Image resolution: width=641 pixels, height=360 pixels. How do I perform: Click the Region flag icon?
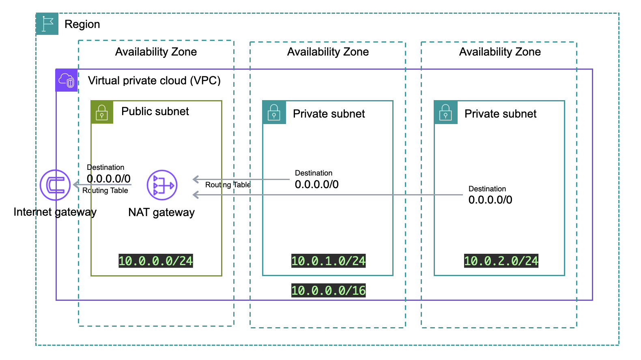pos(47,24)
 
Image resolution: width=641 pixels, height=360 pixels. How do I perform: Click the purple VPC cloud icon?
pos(67,80)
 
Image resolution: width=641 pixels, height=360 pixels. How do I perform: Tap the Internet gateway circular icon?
pos(55,185)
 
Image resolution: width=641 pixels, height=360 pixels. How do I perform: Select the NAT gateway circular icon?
pos(162,185)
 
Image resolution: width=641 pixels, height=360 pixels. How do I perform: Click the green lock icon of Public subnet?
pos(102,112)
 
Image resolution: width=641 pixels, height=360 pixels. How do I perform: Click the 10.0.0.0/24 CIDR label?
pos(155,261)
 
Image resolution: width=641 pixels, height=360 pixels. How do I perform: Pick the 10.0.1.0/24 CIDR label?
pos(328,261)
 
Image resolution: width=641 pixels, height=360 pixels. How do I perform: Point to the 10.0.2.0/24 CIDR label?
pos(501,261)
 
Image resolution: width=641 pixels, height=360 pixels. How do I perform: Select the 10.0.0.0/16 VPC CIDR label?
pos(328,290)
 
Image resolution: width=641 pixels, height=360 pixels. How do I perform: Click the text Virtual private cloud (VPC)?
pos(154,80)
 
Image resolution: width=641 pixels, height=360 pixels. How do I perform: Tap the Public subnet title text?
pos(155,111)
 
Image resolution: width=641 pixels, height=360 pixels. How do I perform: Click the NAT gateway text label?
pos(161,212)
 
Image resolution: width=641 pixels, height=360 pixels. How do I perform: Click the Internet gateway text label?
pos(55,212)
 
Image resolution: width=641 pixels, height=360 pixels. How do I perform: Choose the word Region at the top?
pos(82,24)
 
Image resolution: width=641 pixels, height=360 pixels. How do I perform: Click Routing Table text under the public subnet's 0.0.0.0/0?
pos(105,191)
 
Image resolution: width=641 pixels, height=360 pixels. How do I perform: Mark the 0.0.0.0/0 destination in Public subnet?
pos(109,178)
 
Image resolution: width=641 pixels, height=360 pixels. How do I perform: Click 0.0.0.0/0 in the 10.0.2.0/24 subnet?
pos(490,200)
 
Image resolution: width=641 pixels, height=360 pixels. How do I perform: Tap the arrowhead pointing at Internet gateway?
pos(76,185)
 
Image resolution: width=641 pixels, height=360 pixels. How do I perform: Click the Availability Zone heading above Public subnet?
pos(156,52)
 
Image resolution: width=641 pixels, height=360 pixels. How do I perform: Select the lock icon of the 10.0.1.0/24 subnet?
pos(274,112)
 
